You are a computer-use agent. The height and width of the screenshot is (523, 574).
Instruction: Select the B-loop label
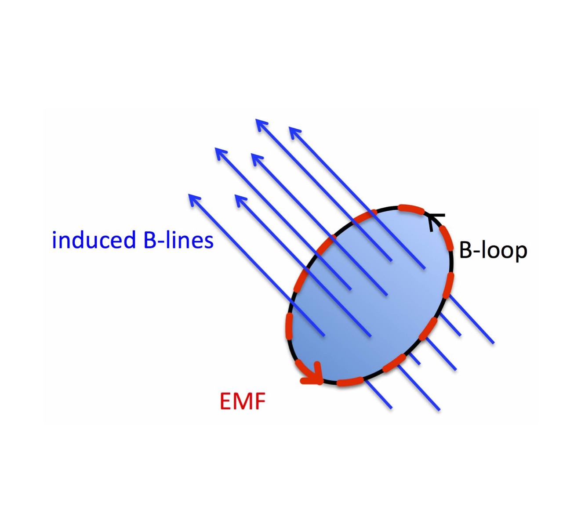[x=493, y=250]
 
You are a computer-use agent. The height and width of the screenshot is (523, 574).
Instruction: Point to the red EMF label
[x=243, y=400]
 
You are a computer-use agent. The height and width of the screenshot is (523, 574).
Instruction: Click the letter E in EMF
[x=226, y=400]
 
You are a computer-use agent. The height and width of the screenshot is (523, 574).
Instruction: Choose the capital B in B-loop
[x=465, y=250]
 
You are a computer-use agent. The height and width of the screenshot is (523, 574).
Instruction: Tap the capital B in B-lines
[x=151, y=240]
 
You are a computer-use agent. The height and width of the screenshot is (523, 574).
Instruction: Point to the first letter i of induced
[x=54, y=240]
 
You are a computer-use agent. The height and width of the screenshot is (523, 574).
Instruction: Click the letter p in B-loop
[x=520, y=252]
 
